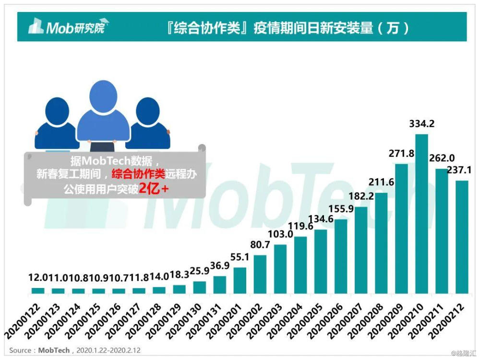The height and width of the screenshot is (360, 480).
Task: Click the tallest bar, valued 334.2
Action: pos(421,214)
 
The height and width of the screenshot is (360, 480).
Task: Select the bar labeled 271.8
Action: pos(401,229)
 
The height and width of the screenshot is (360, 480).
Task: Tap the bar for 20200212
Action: pos(462,237)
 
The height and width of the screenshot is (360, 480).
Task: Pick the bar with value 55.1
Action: pos(240,281)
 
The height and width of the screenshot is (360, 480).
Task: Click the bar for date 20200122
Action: pos(38,291)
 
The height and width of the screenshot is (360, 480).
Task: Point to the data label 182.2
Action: pos(361,196)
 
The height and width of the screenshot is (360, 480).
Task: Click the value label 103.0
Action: pos(280,234)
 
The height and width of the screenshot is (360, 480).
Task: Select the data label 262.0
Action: pos(442,158)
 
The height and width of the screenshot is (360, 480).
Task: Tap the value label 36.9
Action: pos(220,265)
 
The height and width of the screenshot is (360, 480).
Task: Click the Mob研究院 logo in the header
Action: pos(69,26)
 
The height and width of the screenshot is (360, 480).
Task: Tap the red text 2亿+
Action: pos(154,189)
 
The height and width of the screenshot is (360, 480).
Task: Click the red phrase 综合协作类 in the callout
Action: pos(138,174)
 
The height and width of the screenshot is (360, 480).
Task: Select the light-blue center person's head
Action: pos(104,97)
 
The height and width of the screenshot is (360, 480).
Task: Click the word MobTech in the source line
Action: pos(54,350)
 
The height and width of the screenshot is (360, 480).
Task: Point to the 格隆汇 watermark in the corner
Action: pos(465,354)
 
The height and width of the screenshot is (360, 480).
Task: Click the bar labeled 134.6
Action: pos(321,262)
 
